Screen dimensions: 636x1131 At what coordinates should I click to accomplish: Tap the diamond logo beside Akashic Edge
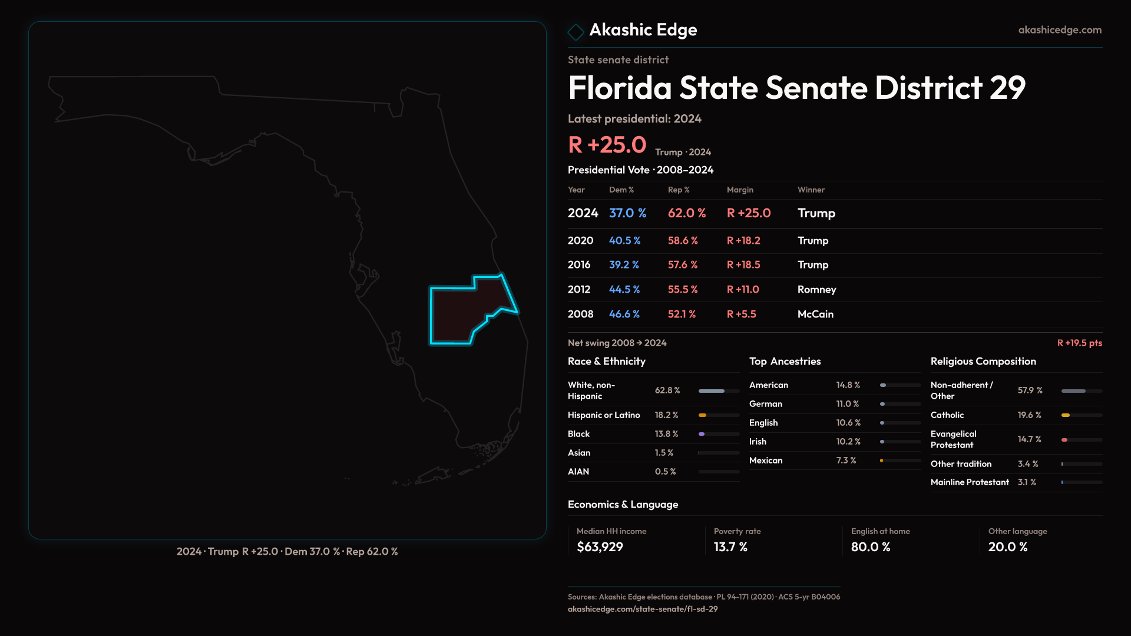click(576, 32)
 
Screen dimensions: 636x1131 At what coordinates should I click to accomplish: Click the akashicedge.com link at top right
click(1060, 30)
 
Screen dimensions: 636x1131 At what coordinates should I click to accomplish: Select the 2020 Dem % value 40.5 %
click(624, 241)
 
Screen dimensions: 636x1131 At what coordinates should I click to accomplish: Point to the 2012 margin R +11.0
click(743, 290)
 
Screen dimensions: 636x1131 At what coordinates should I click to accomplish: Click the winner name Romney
click(816, 290)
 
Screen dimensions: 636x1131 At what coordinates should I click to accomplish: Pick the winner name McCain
click(815, 314)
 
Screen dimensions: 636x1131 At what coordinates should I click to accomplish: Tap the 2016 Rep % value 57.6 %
click(683, 265)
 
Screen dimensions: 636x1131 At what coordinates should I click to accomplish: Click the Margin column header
click(740, 190)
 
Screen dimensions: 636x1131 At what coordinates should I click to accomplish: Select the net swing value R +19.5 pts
click(1079, 343)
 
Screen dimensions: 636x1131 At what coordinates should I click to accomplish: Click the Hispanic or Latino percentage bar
click(719, 415)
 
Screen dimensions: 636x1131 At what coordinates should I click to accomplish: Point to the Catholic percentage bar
click(1082, 415)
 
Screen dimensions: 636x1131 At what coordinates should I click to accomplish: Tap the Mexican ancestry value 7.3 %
click(846, 461)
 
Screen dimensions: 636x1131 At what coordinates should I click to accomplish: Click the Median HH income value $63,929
click(600, 547)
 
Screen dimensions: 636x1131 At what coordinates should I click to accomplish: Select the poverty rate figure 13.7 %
click(730, 547)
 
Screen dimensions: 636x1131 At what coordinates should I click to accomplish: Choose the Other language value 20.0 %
click(1008, 547)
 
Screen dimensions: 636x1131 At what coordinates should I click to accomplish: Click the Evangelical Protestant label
click(953, 439)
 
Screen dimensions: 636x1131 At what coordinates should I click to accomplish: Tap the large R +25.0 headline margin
click(607, 145)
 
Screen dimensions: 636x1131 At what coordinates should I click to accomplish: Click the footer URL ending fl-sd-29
click(643, 609)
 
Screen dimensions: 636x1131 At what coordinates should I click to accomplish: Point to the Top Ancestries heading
click(785, 362)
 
